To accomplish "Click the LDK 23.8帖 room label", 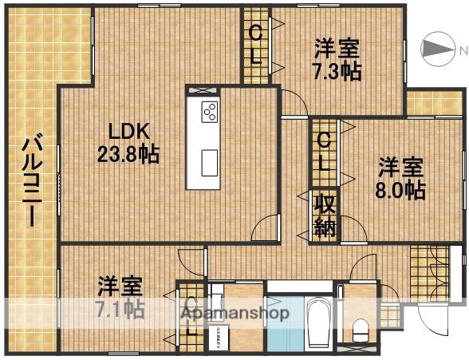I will pyautogui.click(x=127, y=142).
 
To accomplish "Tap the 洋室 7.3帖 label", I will pyautogui.click(x=336, y=59).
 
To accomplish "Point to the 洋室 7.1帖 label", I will pyautogui.click(x=120, y=296).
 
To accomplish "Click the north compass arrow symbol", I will pyautogui.click(x=434, y=50).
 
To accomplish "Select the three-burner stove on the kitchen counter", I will pyautogui.click(x=210, y=112).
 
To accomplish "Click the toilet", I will pyautogui.click(x=360, y=327).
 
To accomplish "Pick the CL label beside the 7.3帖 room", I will pyautogui.click(x=255, y=45).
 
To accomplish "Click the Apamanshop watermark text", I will pyautogui.click(x=235, y=313).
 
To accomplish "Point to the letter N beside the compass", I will pyautogui.click(x=461, y=50).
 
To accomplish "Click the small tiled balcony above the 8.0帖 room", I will pyautogui.click(x=435, y=103).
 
